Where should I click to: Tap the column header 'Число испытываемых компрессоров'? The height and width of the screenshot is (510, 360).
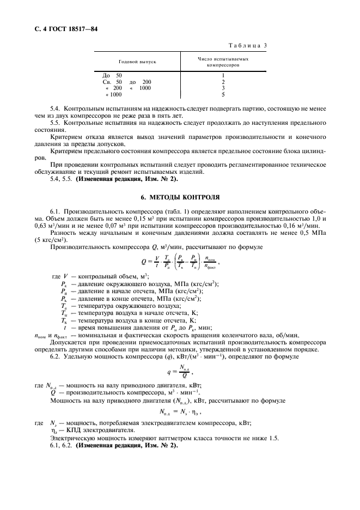pos(223,62)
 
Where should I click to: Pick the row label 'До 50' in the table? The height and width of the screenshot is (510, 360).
pos(113,75)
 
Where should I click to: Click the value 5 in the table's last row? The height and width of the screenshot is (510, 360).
pos(223,94)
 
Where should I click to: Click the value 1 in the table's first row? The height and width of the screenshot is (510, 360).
pos(223,75)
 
